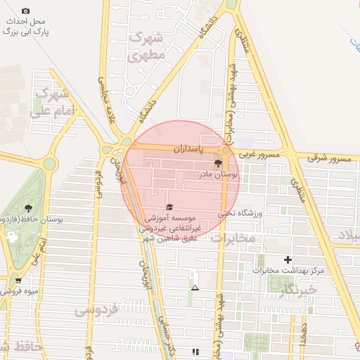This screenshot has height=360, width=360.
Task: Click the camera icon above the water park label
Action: [26, 11]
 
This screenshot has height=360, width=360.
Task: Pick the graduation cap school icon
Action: [169, 207]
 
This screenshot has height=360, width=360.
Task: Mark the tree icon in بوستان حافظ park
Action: [28, 208]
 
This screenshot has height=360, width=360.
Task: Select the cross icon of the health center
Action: [287, 260]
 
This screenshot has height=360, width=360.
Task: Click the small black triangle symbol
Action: [195, 288]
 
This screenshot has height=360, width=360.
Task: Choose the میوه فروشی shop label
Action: [29, 290]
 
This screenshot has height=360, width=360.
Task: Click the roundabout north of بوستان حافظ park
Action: [49, 165]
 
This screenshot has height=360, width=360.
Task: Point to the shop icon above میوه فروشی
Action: [18, 281]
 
